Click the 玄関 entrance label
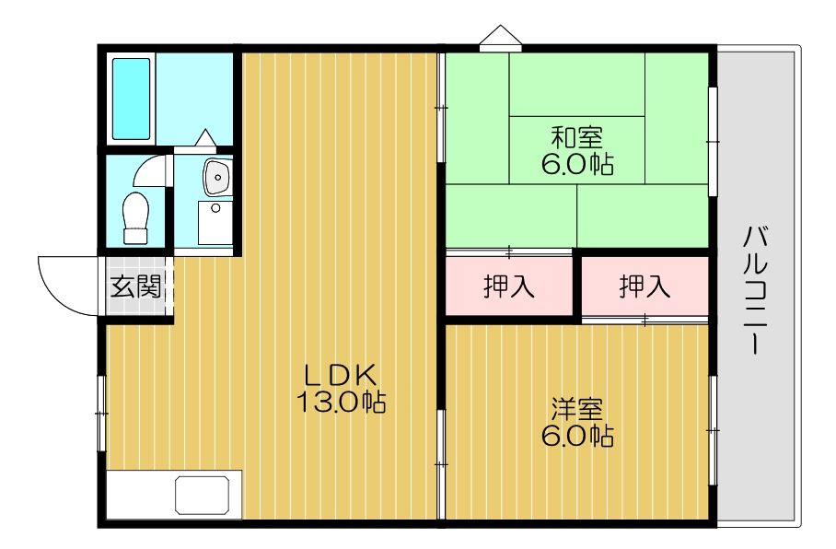[x=136, y=286]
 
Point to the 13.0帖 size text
[x=341, y=403]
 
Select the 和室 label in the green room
[x=577, y=139]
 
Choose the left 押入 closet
[x=509, y=286]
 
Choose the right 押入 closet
[x=644, y=286]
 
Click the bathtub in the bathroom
[x=131, y=99]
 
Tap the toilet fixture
[x=135, y=217]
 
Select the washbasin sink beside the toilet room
[x=217, y=176]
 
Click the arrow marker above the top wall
[x=500, y=37]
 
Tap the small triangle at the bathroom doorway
[x=204, y=138]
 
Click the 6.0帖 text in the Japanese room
[x=577, y=165]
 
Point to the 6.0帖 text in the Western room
[x=577, y=435]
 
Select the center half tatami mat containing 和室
[x=577, y=150]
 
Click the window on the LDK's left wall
[x=101, y=414]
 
